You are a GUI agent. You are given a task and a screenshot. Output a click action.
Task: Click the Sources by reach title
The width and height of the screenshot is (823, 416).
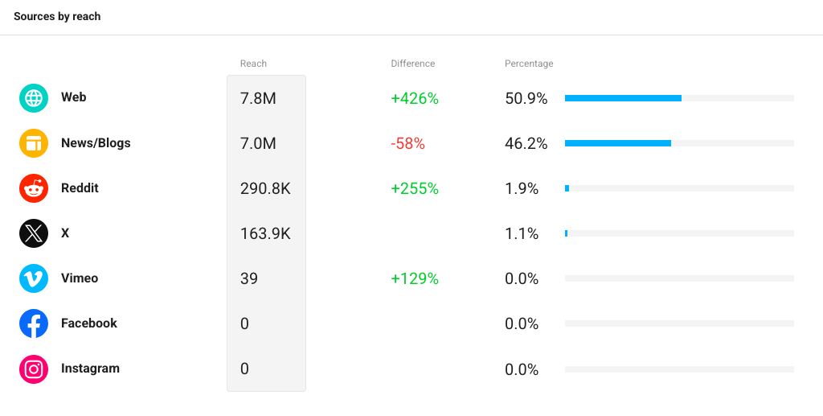[x=57, y=16]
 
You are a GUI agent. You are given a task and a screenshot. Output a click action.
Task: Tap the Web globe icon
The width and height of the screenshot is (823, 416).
[x=34, y=98]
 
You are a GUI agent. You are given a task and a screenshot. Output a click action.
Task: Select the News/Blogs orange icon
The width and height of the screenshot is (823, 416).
[x=34, y=143]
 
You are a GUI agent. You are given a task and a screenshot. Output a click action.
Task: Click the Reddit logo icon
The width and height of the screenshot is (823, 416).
[x=34, y=188]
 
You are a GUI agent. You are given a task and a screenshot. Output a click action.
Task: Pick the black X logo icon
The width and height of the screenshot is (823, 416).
[x=34, y=233]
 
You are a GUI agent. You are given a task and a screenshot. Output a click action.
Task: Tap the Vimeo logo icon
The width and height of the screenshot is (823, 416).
[x=34, y=278]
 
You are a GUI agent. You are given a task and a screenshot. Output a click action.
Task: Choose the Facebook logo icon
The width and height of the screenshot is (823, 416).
[x=34, y=323]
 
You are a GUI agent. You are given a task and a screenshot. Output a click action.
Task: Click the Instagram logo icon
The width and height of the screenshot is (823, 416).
[x=34, y=369]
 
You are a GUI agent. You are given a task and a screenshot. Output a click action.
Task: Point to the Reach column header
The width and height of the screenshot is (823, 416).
[x=253, y=64]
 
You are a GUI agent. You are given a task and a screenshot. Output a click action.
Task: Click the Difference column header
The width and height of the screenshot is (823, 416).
[x=413, y=64]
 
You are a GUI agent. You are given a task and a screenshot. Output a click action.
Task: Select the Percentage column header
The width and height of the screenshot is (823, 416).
[x=529, y=64]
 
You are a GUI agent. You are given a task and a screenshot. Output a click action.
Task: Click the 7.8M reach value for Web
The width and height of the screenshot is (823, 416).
[x=258, y=98]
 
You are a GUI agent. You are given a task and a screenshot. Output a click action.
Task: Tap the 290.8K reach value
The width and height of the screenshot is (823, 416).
[x=265, y=188]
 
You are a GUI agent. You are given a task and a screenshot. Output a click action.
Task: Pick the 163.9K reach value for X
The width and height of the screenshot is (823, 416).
[x=265, y=233]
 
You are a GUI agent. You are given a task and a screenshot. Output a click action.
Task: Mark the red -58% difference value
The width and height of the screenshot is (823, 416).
[x=407, y=143]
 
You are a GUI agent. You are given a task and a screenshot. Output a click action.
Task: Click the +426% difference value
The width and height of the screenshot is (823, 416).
[x=415, y=98]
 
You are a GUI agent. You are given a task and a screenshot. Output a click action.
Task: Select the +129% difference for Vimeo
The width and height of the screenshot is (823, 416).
[x=415, y=278]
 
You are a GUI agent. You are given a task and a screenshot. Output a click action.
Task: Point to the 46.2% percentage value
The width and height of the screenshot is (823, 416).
[x=526, y=143]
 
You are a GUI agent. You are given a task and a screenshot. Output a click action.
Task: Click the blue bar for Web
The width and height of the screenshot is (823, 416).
[x=623, y=98]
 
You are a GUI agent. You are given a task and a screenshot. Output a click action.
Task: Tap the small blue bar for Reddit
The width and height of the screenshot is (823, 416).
[x=567, y=188]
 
